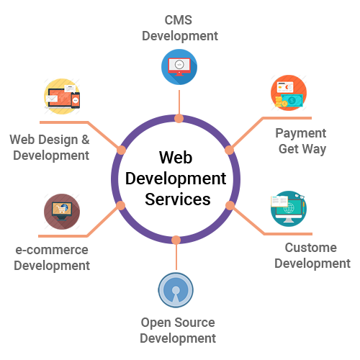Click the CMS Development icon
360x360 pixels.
point(179,66)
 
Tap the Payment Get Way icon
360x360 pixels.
point(288,93)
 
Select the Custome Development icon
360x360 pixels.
point(288,208)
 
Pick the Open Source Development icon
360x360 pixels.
point(176,290)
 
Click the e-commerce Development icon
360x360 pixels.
point(62,212)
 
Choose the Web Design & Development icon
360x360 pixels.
point(62,96)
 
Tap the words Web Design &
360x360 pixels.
point(49,139)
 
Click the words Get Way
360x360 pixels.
point(302,149)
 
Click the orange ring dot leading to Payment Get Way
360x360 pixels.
point(230,150)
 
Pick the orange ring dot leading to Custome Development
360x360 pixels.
point(230,205)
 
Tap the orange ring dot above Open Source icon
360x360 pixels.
point(176,239)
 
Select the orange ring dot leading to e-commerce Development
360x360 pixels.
point(121,205)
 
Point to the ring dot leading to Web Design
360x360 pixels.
point(121,150)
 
